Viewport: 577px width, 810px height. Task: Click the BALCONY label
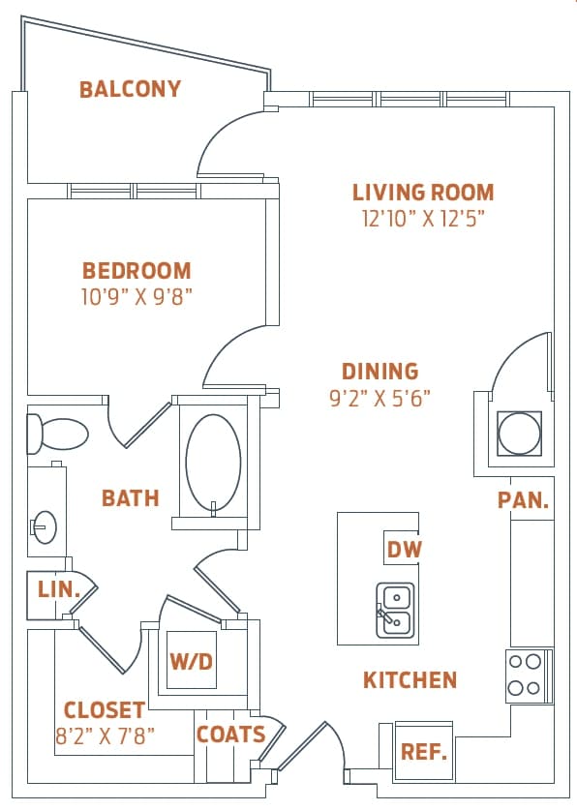(x=130, y=90)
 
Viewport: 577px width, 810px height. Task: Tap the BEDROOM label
(x=137, y=271)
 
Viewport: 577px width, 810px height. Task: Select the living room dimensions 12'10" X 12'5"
(x=423, y=218)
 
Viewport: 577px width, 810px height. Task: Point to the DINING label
(x=380, y=371)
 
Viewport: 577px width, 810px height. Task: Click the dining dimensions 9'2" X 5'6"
(x=380, y=396)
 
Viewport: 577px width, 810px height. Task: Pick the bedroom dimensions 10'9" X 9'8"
(x=137, y=296)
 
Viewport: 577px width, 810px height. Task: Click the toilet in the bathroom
(x=58, y=435)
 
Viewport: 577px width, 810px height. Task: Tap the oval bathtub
(x=213, y=463)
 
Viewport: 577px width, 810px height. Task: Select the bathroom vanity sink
(x=44, y=527)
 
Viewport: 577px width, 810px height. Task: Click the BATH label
(x=131, y=498)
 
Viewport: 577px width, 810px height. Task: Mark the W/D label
(x=192, y=662)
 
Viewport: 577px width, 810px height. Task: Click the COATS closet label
(x=231, y=735)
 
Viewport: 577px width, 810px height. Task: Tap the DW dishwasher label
(x=405, y=550)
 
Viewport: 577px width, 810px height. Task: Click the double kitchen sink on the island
(x=395, y=611)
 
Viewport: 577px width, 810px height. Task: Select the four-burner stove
(x=526, y=675)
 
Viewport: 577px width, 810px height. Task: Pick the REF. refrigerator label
(x=423, y=750)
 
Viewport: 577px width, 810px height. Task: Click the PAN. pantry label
(x=524, y=501)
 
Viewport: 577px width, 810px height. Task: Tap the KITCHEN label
(x=410, y=680)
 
